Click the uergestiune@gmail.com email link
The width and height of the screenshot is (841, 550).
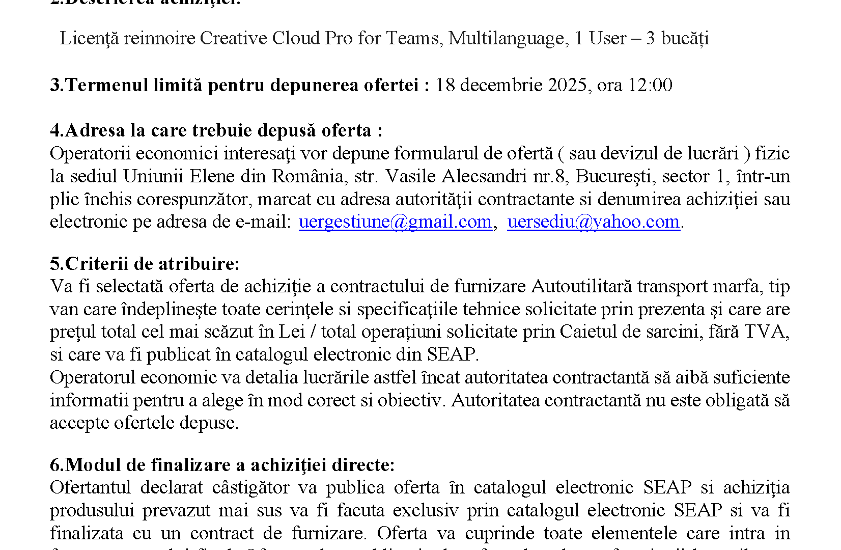point(395,222)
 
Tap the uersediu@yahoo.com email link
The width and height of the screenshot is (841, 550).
point(593,222)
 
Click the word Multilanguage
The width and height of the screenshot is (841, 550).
point(506,39)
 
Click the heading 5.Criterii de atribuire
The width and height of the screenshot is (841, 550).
point(145,264)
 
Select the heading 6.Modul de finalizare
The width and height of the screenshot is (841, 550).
point(222,465)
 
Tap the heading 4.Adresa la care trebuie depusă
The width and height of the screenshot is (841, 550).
point(216,131)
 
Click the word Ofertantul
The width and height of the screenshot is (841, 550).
point(90,488)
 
